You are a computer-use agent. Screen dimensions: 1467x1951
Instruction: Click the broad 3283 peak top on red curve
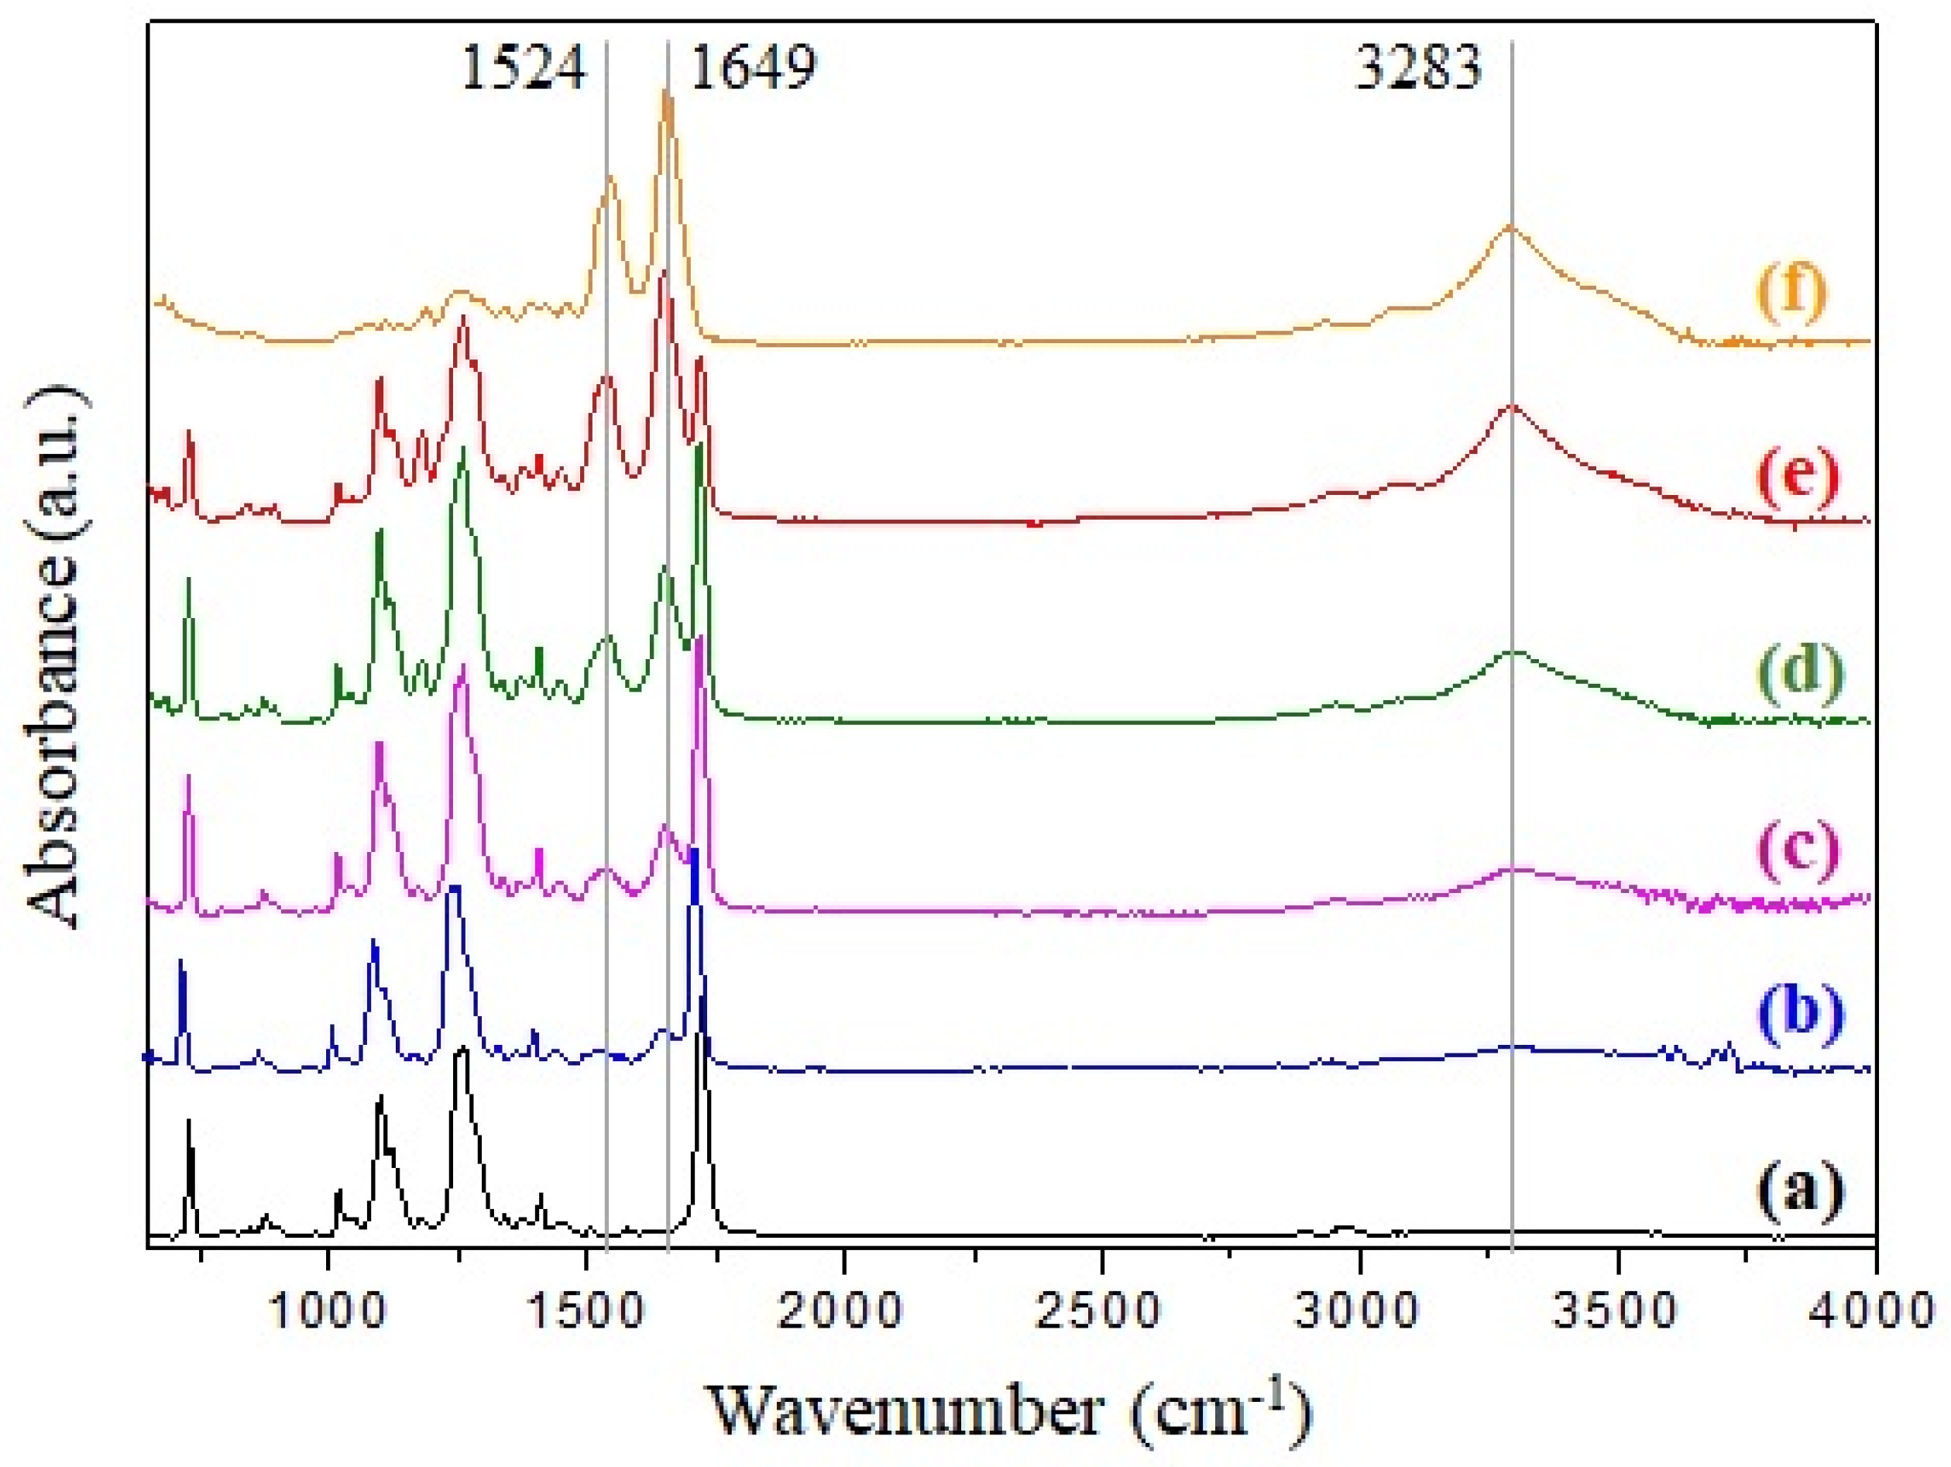coord(1512,407)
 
